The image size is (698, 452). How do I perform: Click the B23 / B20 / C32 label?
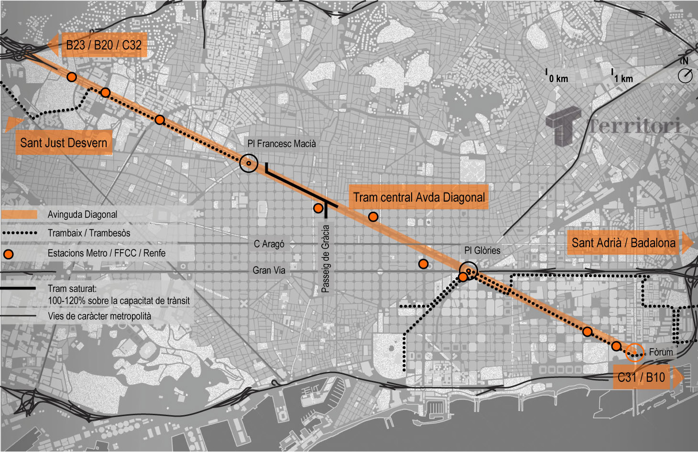tap(103, 45)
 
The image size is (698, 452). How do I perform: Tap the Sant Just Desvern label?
tap(64, 143)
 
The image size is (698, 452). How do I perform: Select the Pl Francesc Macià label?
tap(281, 144)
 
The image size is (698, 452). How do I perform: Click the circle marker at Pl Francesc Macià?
tap(249, 163)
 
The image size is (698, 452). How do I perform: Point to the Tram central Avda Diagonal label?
tap(419, 197)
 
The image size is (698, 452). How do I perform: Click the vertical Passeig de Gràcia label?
tap(326, 258)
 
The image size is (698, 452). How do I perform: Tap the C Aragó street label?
tap(269, 244)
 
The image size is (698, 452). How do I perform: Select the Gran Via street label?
tap(269, 270)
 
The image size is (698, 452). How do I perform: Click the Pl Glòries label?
tap(482, 250)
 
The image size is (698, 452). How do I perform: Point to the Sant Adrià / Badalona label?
tap(623, 243)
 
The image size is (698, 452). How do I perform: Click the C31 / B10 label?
tap(641, 377)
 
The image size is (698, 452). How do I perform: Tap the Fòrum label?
tap(661, 352)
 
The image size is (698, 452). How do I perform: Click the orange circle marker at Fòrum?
tap(634, 353)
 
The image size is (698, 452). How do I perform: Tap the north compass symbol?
tap(685, 75)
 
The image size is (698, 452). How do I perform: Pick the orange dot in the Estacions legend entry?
tap(8, 254)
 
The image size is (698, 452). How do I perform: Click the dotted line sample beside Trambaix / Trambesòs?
tap(20, 233)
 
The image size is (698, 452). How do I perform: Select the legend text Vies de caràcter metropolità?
tap(99, 316)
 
